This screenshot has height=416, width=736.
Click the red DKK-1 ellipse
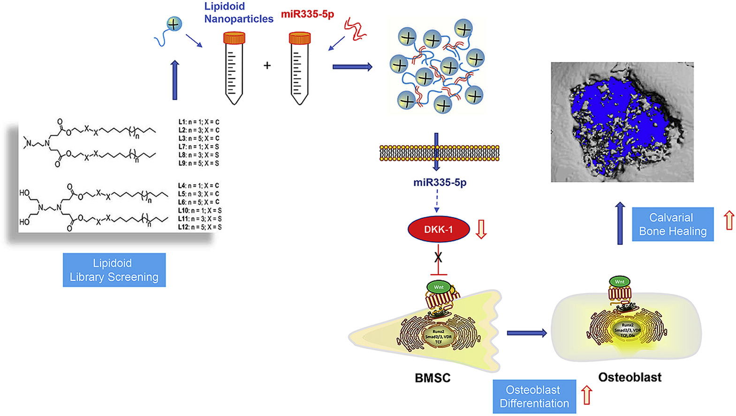439,229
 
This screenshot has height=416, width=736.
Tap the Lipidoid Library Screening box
114,270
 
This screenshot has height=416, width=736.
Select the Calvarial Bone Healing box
673,224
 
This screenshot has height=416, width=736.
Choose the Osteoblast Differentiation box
534,396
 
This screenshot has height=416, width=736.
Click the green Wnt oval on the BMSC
439,287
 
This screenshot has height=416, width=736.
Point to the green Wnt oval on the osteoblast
619,282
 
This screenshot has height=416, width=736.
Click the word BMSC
432,378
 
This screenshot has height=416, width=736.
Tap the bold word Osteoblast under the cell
630,377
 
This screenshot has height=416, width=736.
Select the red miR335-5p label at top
307,14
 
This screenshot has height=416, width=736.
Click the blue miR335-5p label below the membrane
440,182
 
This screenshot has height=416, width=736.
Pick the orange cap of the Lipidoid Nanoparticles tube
234,38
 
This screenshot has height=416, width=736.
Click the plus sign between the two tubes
267,65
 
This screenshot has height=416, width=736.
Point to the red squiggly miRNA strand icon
355,29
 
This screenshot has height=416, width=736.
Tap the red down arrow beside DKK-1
481,229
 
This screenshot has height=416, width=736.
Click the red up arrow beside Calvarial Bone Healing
728,220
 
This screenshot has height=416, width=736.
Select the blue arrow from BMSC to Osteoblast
526,333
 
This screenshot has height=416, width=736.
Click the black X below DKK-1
438,257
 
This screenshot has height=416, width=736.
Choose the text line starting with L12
199,227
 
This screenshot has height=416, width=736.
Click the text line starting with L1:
198,122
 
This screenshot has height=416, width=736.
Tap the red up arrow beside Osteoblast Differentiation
586,395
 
